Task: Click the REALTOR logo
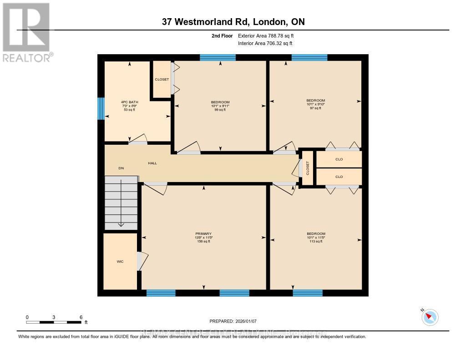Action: coord(26,32)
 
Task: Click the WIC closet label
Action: coord(120,261)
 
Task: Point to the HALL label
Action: coord(152,163)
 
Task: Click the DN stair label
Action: coord(121,168)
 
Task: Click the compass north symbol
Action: coord(430,317)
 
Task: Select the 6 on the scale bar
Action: coord(81,317)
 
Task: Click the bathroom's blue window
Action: coord(101,108)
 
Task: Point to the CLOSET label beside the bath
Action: coord(162,80)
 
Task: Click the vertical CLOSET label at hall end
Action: coord(308,168)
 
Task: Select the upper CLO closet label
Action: coord(339,159)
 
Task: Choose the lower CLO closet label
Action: coord(339,177)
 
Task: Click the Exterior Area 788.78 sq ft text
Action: coord(269,35)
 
